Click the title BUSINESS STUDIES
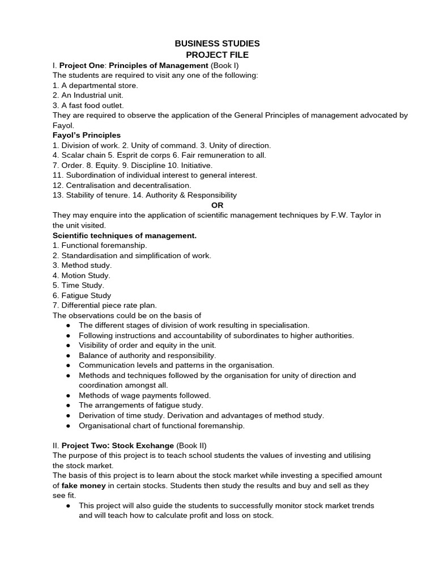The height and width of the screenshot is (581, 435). (217, 43)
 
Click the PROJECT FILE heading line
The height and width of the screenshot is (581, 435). (217, 55)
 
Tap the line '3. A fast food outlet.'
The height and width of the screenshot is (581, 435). (88, 105)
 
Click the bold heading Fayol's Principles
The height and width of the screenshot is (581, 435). (87, 135)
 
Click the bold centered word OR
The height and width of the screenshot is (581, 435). (217, 205)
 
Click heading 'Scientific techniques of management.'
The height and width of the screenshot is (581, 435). (125, 235)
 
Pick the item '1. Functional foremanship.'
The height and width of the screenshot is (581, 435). (100, 245)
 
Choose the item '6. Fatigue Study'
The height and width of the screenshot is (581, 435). (82, 295)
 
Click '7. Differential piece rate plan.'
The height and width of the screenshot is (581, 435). (105, 305)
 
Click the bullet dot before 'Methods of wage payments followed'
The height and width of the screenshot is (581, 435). (68, 395)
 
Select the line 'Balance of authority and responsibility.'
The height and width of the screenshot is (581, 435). (147, 355)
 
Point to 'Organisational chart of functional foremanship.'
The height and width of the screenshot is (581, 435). (161, 426)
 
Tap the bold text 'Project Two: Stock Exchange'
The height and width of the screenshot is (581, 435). (117, 445)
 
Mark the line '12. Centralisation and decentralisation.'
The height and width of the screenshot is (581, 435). (122, 185)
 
